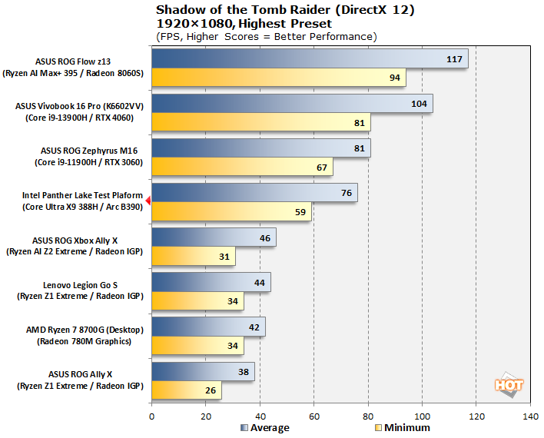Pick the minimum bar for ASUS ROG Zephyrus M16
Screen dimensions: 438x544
(x=242, y=168)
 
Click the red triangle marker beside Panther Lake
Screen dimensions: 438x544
(x=148, y=201)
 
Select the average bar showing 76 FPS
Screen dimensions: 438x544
(x=254, y=193)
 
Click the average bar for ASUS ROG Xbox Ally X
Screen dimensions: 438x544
(x=214, y=238)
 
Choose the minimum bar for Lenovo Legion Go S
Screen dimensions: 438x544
(x=197, y=301)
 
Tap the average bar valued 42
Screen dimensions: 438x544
(x=208, y=327)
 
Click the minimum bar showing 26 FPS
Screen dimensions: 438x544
(x=187, y=391)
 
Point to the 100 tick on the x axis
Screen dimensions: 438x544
(x=422, y=416)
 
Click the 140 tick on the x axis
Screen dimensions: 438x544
(x=529, y=416)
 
